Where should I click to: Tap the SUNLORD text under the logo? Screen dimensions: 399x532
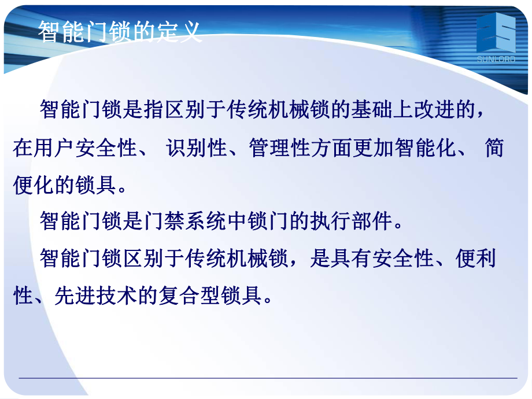point(496,58)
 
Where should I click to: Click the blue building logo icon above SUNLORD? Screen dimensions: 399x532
point(496,35)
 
